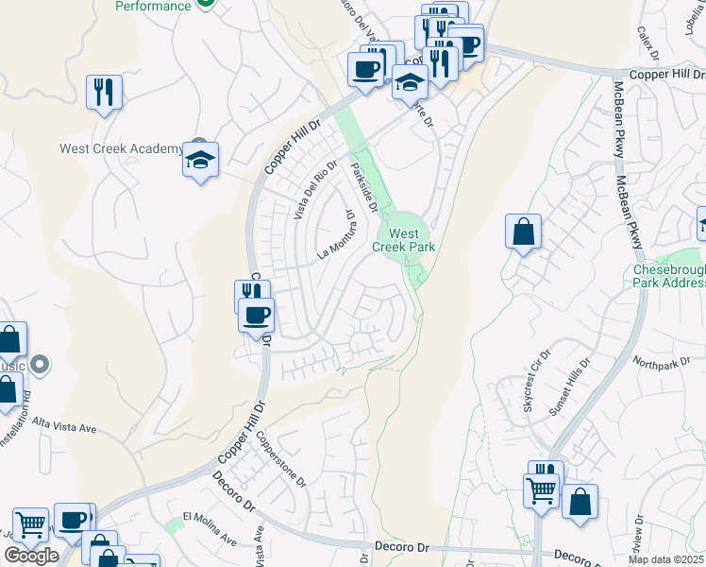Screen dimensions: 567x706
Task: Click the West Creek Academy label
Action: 121,148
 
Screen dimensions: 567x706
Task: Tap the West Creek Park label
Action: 403,240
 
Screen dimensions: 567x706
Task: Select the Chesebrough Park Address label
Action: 668,276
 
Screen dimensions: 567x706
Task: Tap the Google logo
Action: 30,556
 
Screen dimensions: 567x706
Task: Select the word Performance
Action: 153,6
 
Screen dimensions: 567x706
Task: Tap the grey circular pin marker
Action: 40,363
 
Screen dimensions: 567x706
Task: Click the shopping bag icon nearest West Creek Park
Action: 523,232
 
